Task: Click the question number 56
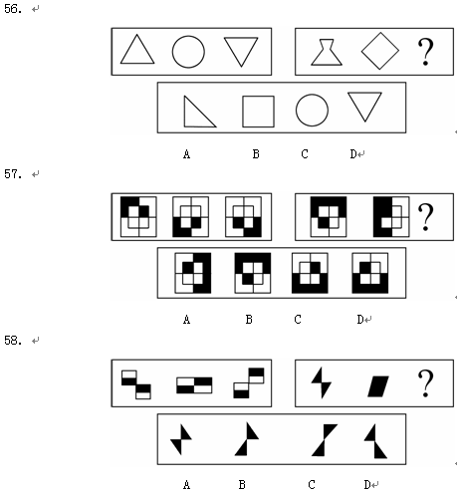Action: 13,9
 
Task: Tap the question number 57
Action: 13,173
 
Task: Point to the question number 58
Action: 13,340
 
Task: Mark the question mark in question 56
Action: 425,52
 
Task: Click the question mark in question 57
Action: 425,217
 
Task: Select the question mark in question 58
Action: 425,383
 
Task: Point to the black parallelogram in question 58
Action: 378,386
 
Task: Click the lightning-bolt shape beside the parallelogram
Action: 322,382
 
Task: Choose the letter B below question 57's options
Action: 249,320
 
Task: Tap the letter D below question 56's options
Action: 353,154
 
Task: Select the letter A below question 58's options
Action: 187,485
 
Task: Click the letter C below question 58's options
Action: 312,485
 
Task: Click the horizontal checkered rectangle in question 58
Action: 194,385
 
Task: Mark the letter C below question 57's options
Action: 298,320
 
